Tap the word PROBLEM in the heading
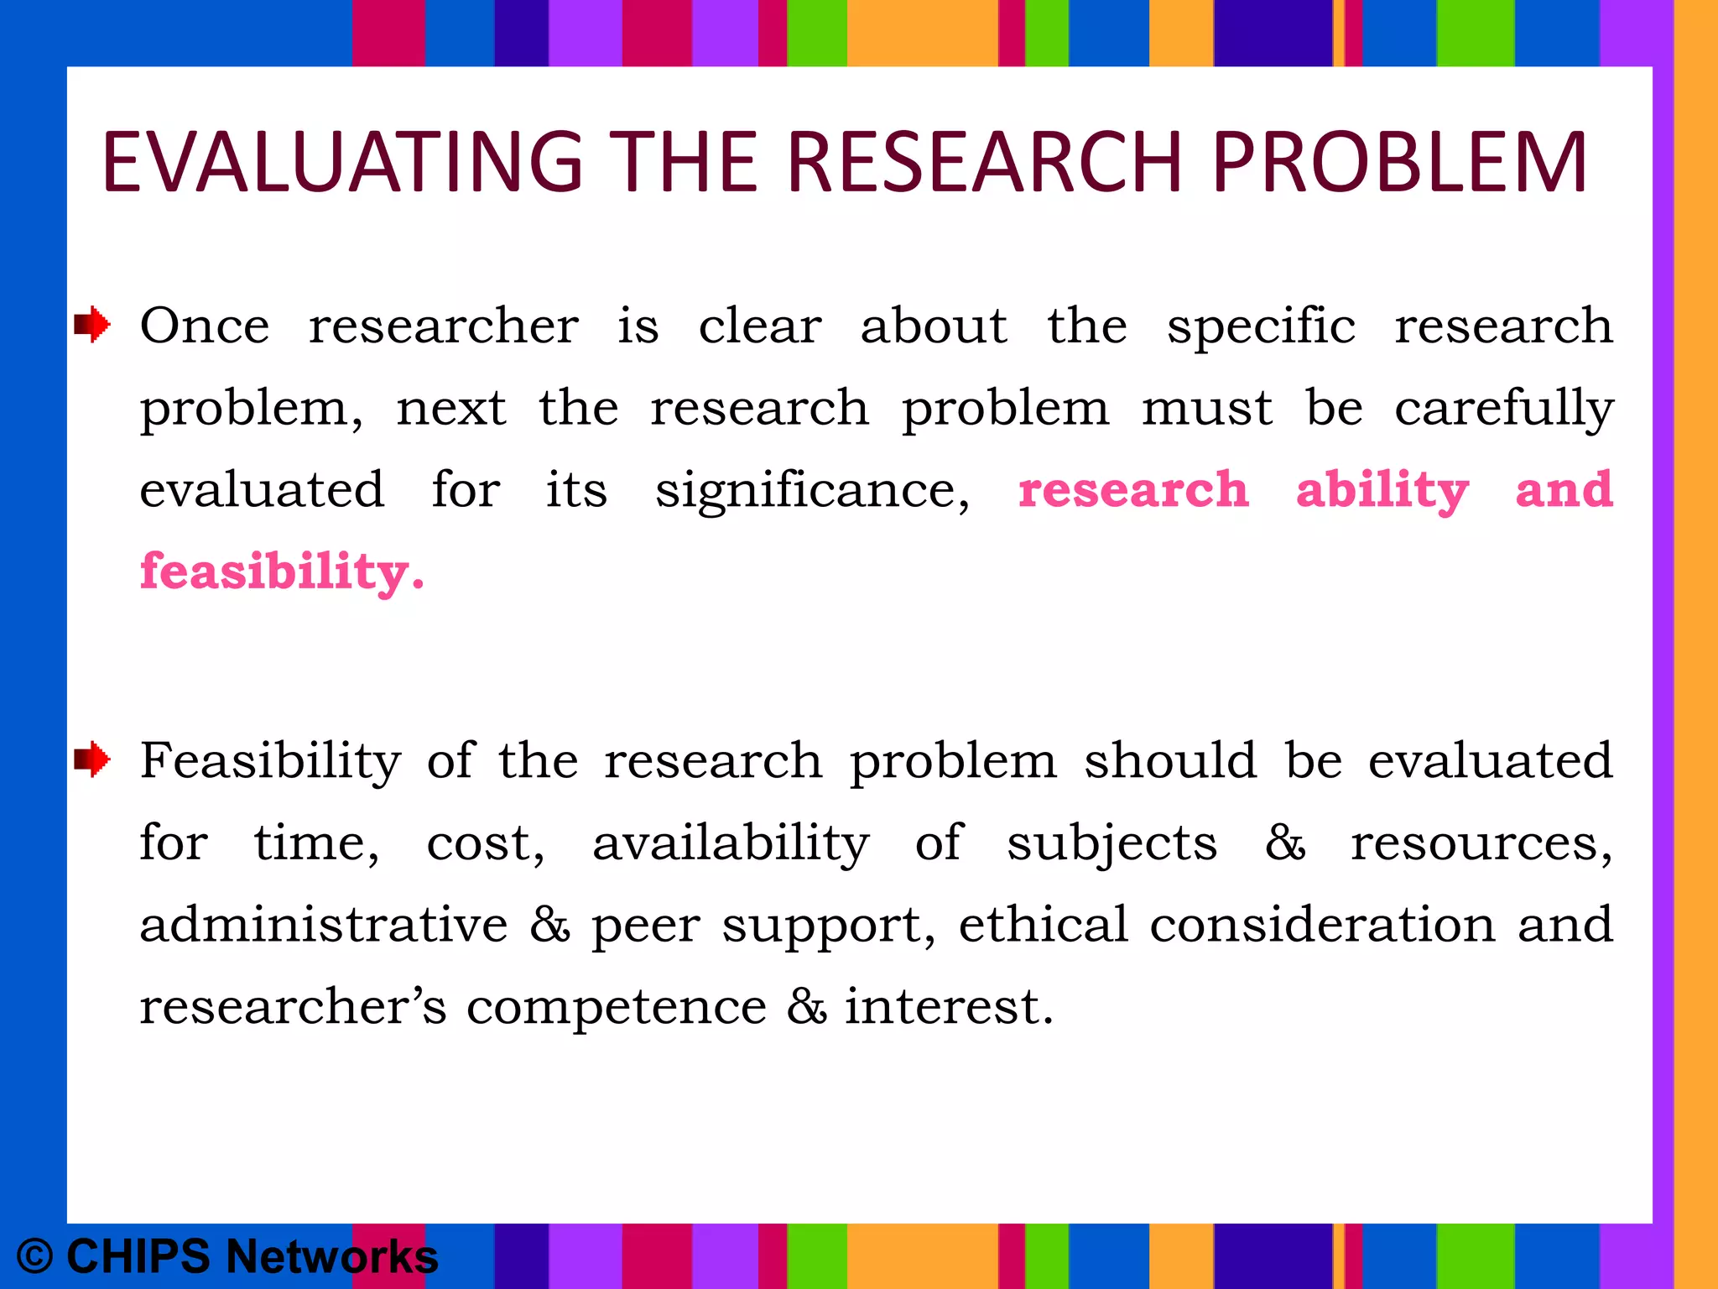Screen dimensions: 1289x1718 [1398, 162]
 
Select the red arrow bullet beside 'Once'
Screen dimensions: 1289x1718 [91, 325]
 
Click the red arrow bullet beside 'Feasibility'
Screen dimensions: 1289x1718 [91, 760]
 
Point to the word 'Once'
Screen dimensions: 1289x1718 [205, 326]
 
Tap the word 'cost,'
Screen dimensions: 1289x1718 [485, 843]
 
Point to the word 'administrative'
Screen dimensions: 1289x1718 [324, 925]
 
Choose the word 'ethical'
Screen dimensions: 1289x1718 [1043, 925]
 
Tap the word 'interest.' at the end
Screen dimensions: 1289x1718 [948, 1007]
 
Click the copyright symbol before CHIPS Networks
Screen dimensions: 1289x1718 [35, 1257]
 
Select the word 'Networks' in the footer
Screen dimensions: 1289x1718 [331, 1257]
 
